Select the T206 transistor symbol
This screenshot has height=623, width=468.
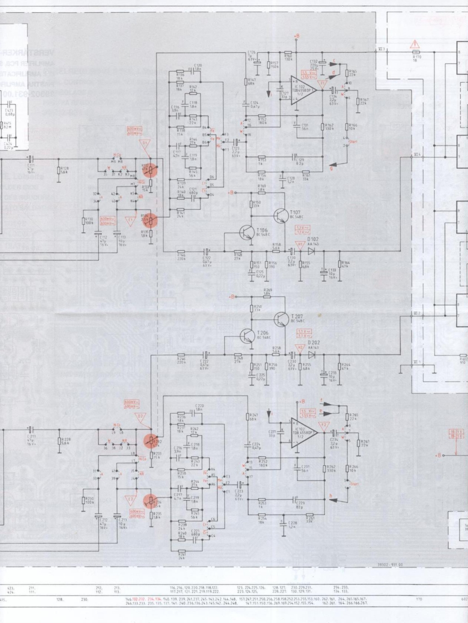[248, 335]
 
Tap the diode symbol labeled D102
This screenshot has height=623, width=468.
[311, 251]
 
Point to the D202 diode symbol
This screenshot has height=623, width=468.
[311, 354]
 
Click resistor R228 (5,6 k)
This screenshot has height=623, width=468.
[58, 440]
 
